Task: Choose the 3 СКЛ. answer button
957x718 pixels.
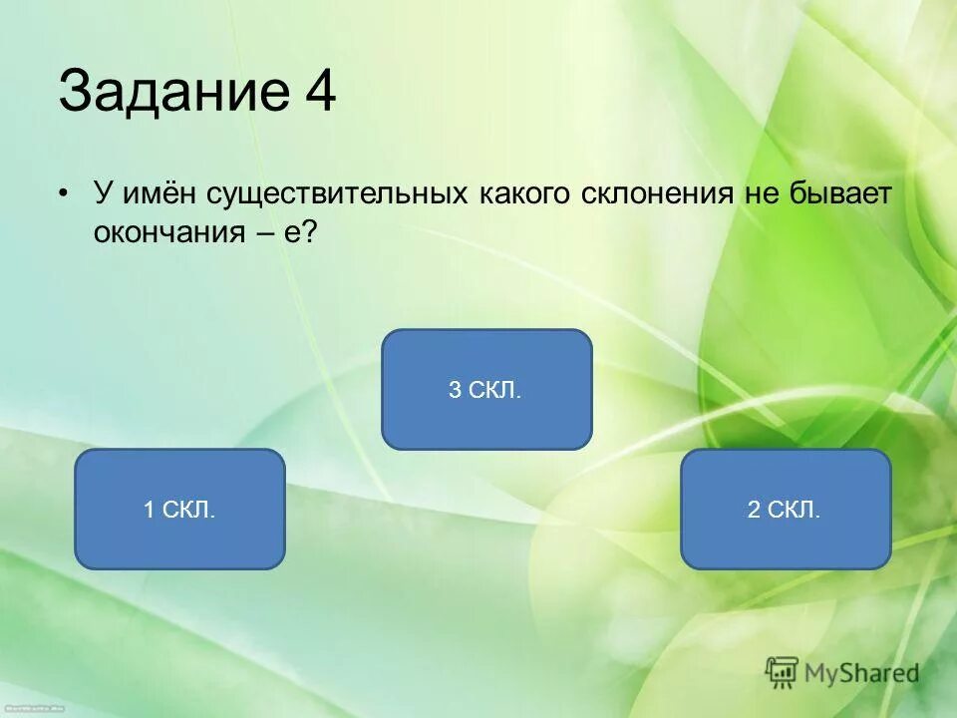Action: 486,390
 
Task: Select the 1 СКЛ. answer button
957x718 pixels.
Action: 179,510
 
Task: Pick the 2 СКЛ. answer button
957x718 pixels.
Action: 786,510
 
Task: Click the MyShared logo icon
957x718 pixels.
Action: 783,673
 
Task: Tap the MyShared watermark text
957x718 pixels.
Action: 862,673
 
